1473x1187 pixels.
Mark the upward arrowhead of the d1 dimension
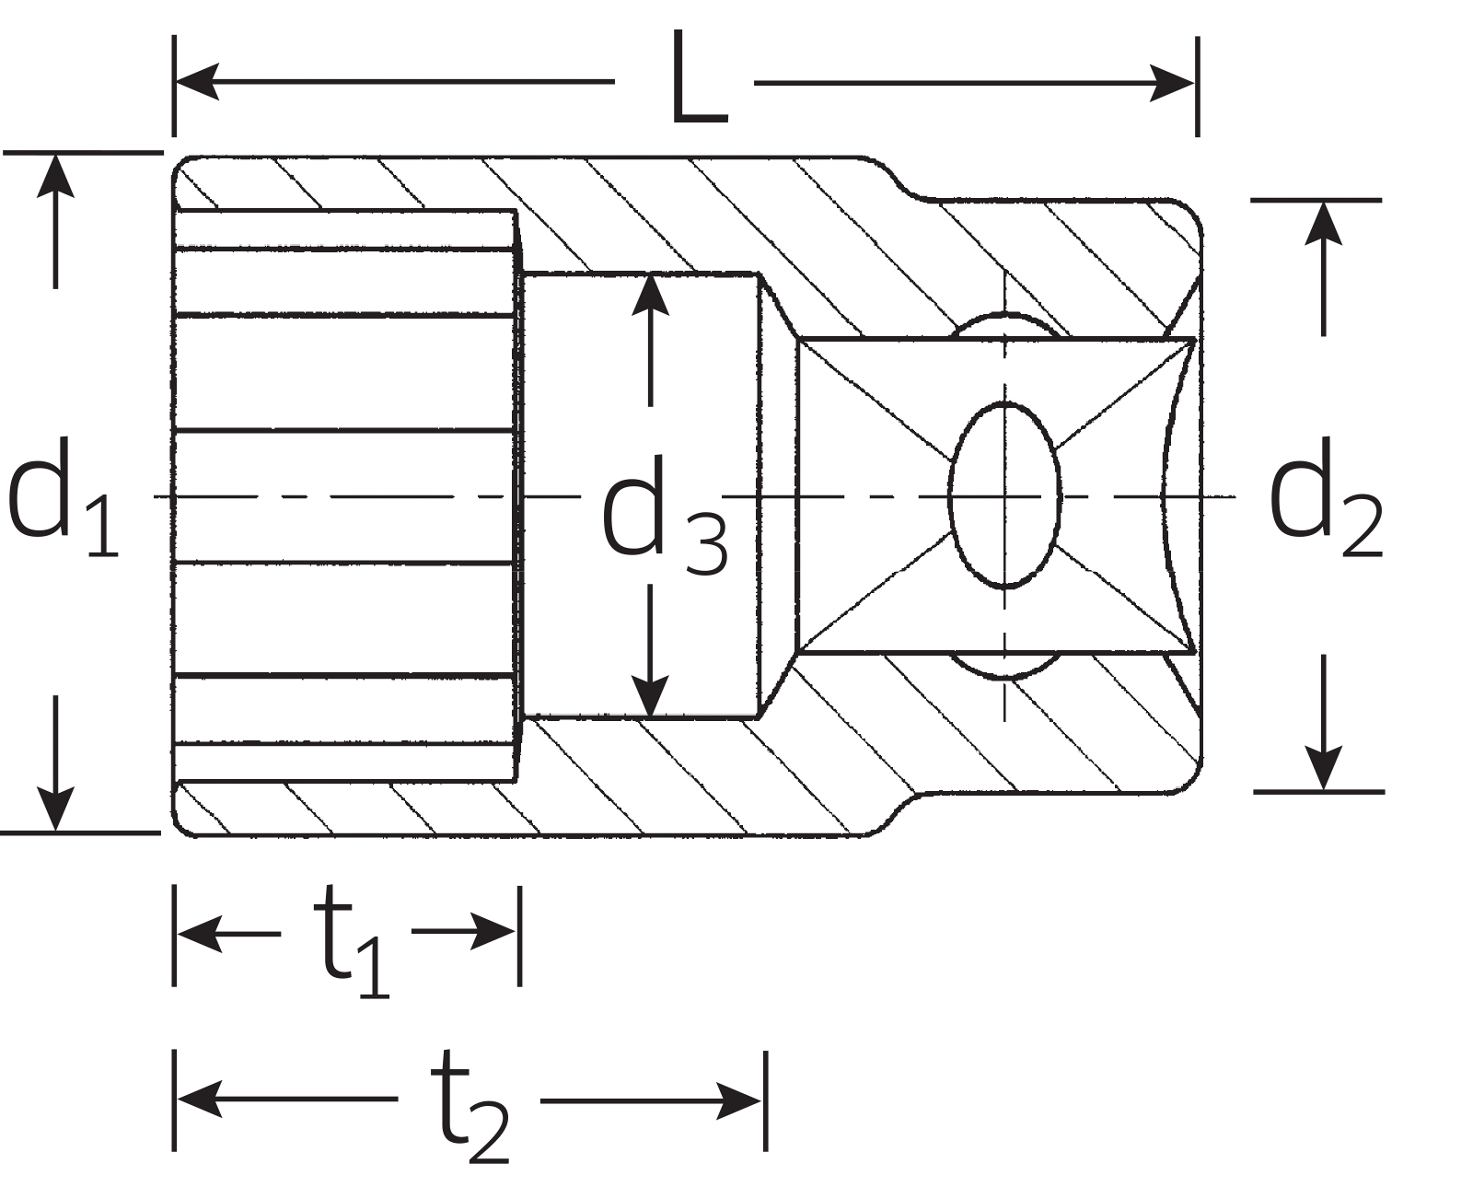click(56, 175)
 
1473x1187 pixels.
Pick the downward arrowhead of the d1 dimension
click(56, 810)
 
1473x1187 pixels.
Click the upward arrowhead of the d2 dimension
click(1323, 222)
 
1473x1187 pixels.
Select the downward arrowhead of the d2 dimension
click(1323, 770)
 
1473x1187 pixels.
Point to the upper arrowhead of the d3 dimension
click(651, 295)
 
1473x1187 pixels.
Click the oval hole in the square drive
click(1004, 495)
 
